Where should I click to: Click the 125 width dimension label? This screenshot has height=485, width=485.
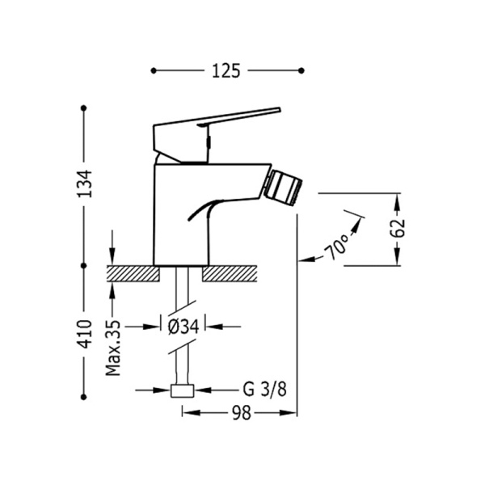point(226,71)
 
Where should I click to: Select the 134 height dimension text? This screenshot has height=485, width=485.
point(84,183)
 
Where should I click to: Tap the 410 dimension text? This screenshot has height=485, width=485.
point(84,334)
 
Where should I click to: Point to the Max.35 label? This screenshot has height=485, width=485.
point(113,348)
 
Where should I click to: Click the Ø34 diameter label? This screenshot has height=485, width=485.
point(183,327)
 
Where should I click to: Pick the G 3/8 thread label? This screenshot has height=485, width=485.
point(265,390)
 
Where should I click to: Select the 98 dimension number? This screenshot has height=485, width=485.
point(242,413)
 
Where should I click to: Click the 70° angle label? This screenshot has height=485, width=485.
point(336,247)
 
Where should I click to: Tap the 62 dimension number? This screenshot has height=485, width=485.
point(397,228)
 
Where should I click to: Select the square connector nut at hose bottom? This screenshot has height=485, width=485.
point(182,391)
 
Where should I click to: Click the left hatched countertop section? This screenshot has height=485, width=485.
point(133,273)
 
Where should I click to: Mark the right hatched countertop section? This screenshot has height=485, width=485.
point(230,273)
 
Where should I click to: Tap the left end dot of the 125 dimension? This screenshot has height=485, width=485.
point(154,71)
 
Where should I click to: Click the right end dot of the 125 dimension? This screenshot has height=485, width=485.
point(302,71)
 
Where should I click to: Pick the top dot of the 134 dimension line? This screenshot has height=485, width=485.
point(83,108)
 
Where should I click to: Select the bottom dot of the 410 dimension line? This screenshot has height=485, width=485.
point(83,397)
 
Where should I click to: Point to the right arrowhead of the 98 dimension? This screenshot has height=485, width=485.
point(289,413)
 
